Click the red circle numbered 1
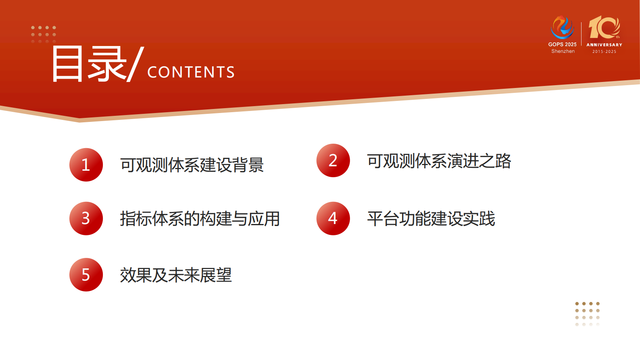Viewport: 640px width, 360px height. (86, 165)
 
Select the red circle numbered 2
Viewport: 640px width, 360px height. (333, 160)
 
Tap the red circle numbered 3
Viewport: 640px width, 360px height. (86, 218)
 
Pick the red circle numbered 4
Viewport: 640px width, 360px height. (333, 218)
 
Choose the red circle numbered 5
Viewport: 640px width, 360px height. (86, 274)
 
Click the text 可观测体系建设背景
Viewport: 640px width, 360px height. (192, 165)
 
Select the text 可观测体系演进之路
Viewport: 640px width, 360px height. (439, 161)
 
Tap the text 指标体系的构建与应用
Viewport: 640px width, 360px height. (200, 219)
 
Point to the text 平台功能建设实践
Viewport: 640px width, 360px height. (431, 219)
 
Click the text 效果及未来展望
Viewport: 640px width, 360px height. (176, 275)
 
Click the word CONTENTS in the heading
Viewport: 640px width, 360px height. (191, 72)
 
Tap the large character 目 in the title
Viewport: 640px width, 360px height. (67, 64)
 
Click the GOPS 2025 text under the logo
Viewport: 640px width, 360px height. (562, 44)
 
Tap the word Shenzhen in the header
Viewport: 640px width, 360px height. (563, 51)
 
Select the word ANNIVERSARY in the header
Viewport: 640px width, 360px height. (604, 45)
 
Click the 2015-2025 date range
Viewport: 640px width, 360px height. (604, 52)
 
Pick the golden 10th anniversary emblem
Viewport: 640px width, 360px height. (604, 27)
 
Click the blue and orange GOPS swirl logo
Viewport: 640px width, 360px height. (562, 27)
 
